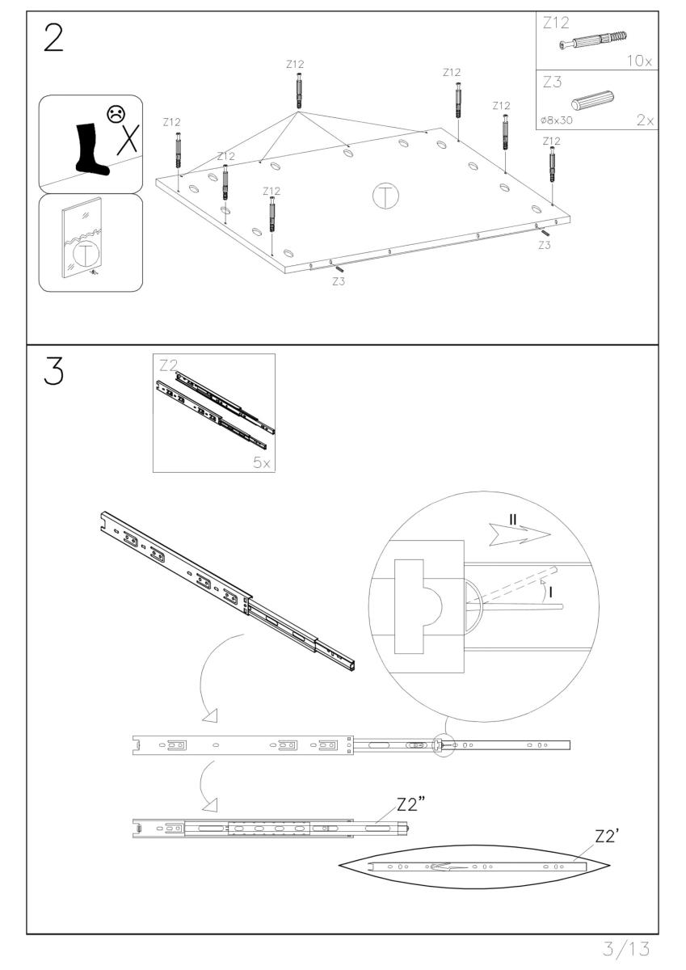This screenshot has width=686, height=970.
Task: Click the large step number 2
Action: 53,37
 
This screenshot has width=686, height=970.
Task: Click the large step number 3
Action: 53,371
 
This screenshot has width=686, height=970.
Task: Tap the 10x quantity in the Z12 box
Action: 639,61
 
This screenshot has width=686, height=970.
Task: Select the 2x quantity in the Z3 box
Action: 645,120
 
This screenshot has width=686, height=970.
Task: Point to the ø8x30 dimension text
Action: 556,120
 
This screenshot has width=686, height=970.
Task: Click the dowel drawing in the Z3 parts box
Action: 591,101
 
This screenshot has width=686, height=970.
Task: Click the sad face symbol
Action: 116,114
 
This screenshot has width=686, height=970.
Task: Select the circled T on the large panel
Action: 385,196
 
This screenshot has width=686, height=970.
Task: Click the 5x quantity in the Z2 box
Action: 262,463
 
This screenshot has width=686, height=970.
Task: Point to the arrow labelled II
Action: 520,534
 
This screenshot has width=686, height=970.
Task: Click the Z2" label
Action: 410,804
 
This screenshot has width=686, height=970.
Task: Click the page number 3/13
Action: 626,949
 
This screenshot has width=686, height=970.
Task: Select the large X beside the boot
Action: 128,139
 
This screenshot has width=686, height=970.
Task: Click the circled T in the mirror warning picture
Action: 86,254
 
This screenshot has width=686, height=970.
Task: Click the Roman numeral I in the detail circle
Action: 551,592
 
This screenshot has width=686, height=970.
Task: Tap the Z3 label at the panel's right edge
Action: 545,245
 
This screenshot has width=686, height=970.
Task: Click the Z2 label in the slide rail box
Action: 168,365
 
